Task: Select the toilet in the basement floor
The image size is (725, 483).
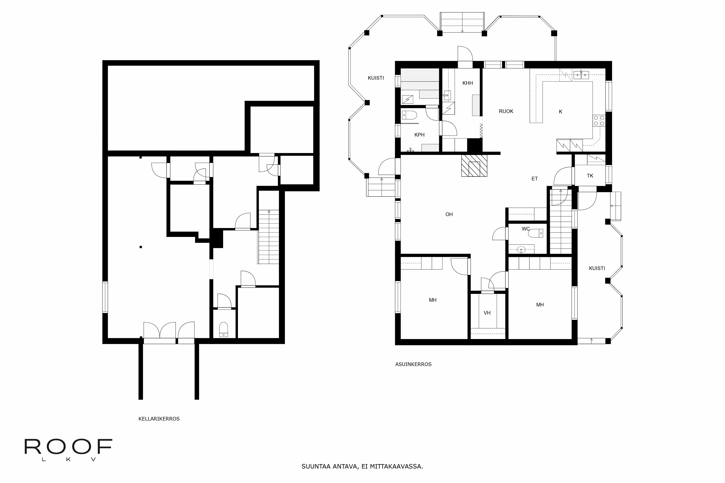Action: click(223, 330)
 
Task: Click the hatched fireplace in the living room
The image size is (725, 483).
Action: click(474, 165)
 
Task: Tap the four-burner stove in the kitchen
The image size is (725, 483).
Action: click(599, 120)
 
